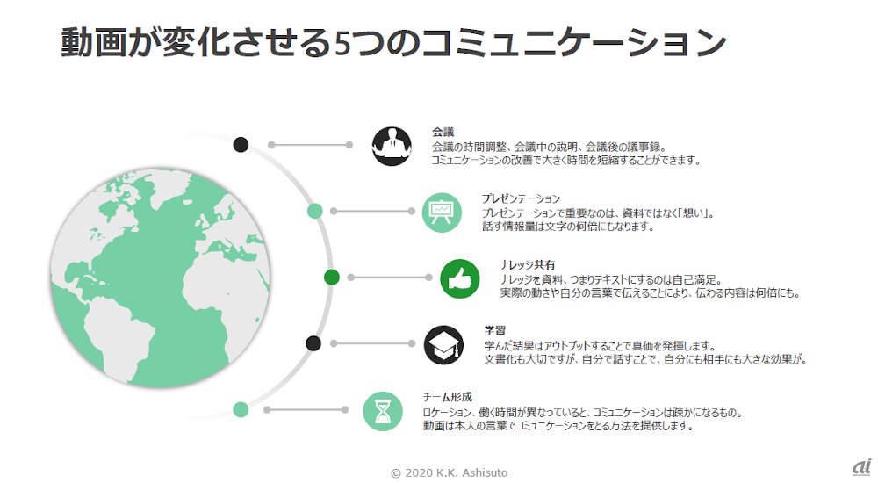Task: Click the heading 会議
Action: click(x=443, y=132)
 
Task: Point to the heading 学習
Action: click(x=494, y=330)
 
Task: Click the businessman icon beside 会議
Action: click(x=392, y=145)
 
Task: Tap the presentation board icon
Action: click(x=442, y=212)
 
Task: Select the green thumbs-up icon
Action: click(x=459, y=278)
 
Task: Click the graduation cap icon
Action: click(x=443, y=344)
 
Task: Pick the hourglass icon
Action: click(x=383, y=410)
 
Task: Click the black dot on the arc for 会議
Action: click(x=241, y=145)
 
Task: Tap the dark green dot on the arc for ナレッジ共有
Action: click(x=331, y=278)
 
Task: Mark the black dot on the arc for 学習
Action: click(x=313, y=343)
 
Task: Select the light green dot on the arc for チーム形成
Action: click(x=241, y=409)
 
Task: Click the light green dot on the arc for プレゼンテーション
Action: click(x=313, y=211)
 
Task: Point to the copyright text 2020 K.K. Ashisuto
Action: click(x=449, y=472)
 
